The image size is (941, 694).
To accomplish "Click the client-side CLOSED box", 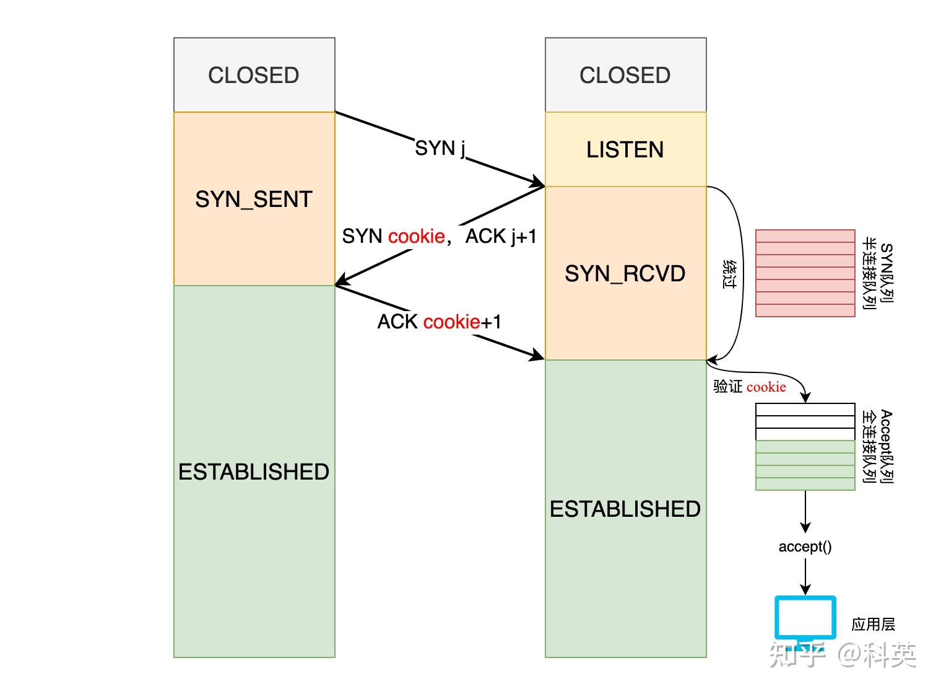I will pos(254,75).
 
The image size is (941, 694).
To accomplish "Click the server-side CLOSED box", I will pos(625,75).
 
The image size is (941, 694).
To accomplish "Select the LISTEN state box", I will pos(625,149).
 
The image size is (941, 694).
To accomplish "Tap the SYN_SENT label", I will pos(254,200).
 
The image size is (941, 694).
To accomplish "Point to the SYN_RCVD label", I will pos(625,274).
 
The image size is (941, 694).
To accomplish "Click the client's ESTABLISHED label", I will pos(254,472).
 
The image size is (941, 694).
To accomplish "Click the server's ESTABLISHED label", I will pos(625,509).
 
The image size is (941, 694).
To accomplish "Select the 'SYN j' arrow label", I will pos(440,149).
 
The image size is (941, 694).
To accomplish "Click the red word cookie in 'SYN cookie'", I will pos(416,236).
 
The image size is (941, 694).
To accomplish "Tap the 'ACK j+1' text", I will pos(501,236).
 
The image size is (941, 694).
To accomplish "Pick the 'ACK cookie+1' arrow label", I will pos(440,322).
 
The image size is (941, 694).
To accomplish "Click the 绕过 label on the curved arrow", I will pos(730,274).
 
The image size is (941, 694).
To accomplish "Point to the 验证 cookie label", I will pos(750,387).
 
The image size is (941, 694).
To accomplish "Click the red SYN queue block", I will pos(805,273).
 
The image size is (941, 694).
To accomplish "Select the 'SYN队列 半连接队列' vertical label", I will pos(878,273).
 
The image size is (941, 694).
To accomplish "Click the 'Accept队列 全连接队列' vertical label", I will pos(878,446).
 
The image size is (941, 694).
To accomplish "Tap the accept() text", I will pos(805,547).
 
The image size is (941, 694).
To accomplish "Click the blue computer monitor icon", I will pos(805,618).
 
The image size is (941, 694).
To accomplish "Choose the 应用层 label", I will pos(873,624).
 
